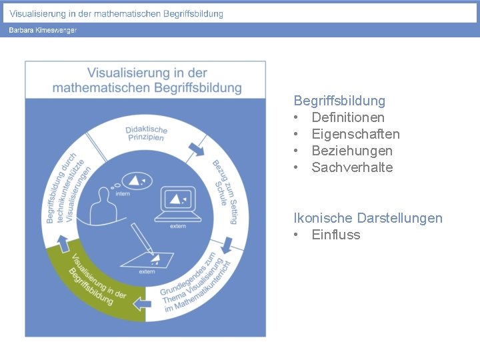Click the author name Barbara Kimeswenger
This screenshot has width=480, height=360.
[x=43, y=30]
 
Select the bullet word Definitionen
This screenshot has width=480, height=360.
[x=347, y=117]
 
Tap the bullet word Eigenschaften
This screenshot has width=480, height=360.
[x=355, y=134]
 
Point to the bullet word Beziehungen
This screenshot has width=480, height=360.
[x=351, y=151]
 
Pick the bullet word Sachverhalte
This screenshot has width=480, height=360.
[x=352, y=167]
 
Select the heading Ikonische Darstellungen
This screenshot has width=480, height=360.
[x=367, y=218]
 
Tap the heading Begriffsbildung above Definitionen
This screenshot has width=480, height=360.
[x=339, y=101]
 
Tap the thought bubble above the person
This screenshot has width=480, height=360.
[x=137, y=179]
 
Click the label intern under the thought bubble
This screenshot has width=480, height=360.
[x=123, y=194]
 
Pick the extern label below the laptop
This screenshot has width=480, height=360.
[x=178, y=227]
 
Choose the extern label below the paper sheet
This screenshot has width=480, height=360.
[x=147, y=272]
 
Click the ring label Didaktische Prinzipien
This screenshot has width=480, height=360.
[x=146, y=133]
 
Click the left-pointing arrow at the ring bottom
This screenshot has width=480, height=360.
[x=142, y=304]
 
